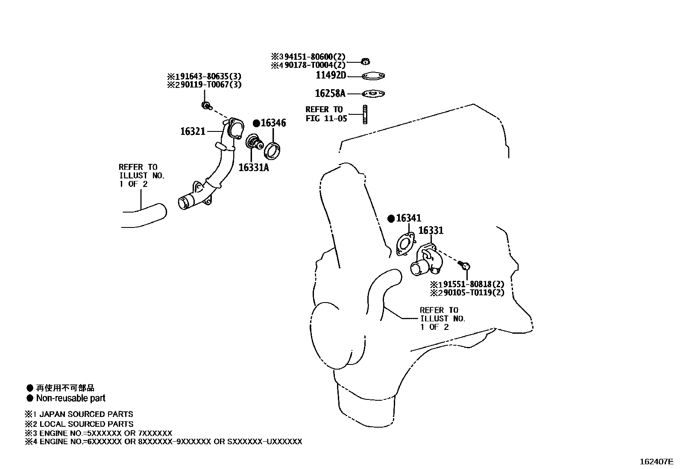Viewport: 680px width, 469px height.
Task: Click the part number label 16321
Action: click(x=193, y=131)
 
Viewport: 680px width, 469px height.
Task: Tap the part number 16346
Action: click(x=273, y=123)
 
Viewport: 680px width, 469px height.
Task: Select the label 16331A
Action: click(x=254, y=167)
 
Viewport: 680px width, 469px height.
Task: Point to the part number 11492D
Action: click(x=331, y=75)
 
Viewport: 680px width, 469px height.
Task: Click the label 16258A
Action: click(x=330, y=93)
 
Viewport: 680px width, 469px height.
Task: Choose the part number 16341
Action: click(x=409, y=218)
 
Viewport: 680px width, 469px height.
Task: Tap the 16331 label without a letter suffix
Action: click(x=431, y=230)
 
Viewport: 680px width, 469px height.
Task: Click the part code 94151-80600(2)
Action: click(x=315, y=57)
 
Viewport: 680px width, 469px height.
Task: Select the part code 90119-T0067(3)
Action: click(x=211, y=84)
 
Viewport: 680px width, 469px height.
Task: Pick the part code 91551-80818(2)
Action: click(x=474, y=284)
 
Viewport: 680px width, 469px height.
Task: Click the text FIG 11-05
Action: click(x=326, y=118)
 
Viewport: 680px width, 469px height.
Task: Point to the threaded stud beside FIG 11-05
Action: click(x=365, y=114)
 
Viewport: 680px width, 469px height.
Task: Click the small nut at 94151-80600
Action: click(x=366, y=61)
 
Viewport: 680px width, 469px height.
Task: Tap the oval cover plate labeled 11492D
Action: click(x=373, y=76)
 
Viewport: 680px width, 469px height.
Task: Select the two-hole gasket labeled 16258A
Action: click(x=373, y=94)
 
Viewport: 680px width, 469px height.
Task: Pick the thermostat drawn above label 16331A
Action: click(x=254, y=143)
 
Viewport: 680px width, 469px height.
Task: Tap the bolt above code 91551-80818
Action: click(x=464, y=266)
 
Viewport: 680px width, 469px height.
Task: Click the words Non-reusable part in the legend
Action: click(x=71, y=398)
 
